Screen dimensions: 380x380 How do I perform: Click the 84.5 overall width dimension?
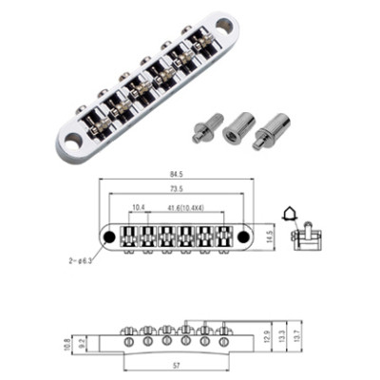click(178, 175)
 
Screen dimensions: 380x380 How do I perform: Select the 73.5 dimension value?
click(178, 189)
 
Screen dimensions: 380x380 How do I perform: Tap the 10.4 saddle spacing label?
click(139, 205)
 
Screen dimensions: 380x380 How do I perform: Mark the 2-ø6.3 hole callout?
click(79, 257)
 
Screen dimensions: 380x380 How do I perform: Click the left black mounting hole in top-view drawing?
click(109, 236)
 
